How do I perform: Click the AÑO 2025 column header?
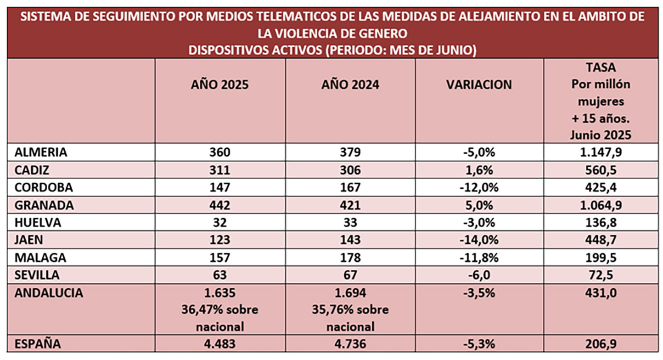tap(219, 85)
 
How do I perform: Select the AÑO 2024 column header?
tap(350, 85)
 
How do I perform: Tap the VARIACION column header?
tap(479, 85)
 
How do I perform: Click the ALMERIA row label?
tap(41, 152)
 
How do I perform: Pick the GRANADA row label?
tap(44, 205)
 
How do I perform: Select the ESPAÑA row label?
tap(38, 344)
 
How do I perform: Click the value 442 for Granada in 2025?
tap(219, 205)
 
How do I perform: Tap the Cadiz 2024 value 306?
tap(350, 170)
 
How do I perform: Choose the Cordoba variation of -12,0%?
tap(479, 187)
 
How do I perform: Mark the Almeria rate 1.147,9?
tap(601, 152)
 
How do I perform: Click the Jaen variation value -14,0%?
tap(479, 240)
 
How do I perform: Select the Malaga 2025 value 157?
tap(219, 257)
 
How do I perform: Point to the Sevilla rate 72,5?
tap(601, 275)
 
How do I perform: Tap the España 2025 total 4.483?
tap(219, 344)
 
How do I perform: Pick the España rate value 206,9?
tap(601, 344)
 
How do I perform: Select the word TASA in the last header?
tap(601, 68)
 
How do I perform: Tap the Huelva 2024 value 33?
tap(350, 222)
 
